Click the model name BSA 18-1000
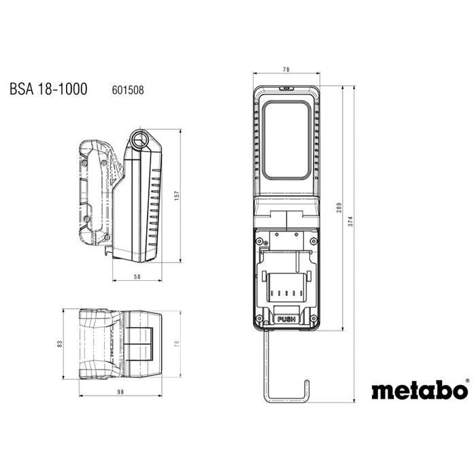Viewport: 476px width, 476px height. (x=48, y=89)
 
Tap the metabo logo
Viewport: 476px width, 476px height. (x=419, y=390)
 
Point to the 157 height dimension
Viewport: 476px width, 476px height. (x=176, y=195)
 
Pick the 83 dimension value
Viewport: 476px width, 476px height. (x=61, y=344)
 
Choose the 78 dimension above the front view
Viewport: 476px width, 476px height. (x=286, y=69)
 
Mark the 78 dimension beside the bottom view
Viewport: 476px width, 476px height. (x=176, y=344)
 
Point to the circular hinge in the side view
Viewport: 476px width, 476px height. (x=141, y=139)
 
